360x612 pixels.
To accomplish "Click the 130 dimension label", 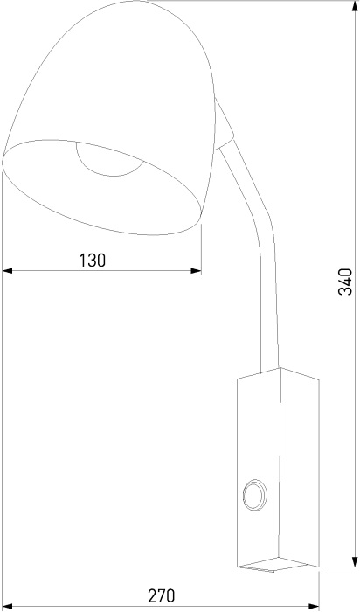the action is tap(93, 260).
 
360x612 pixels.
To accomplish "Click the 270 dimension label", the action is tap(162, 596).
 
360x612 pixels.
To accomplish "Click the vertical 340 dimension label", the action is tap(345, 282).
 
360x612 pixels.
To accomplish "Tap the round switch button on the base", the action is tap(255, 496).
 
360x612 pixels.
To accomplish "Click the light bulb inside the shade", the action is tap(109, 160).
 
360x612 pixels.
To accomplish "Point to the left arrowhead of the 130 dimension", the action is tap(7, 270).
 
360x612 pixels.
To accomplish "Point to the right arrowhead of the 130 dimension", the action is tap(197, 270).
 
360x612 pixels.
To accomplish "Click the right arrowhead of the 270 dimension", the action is tap(314, 607).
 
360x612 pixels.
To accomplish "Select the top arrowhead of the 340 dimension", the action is tap(355, 6).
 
